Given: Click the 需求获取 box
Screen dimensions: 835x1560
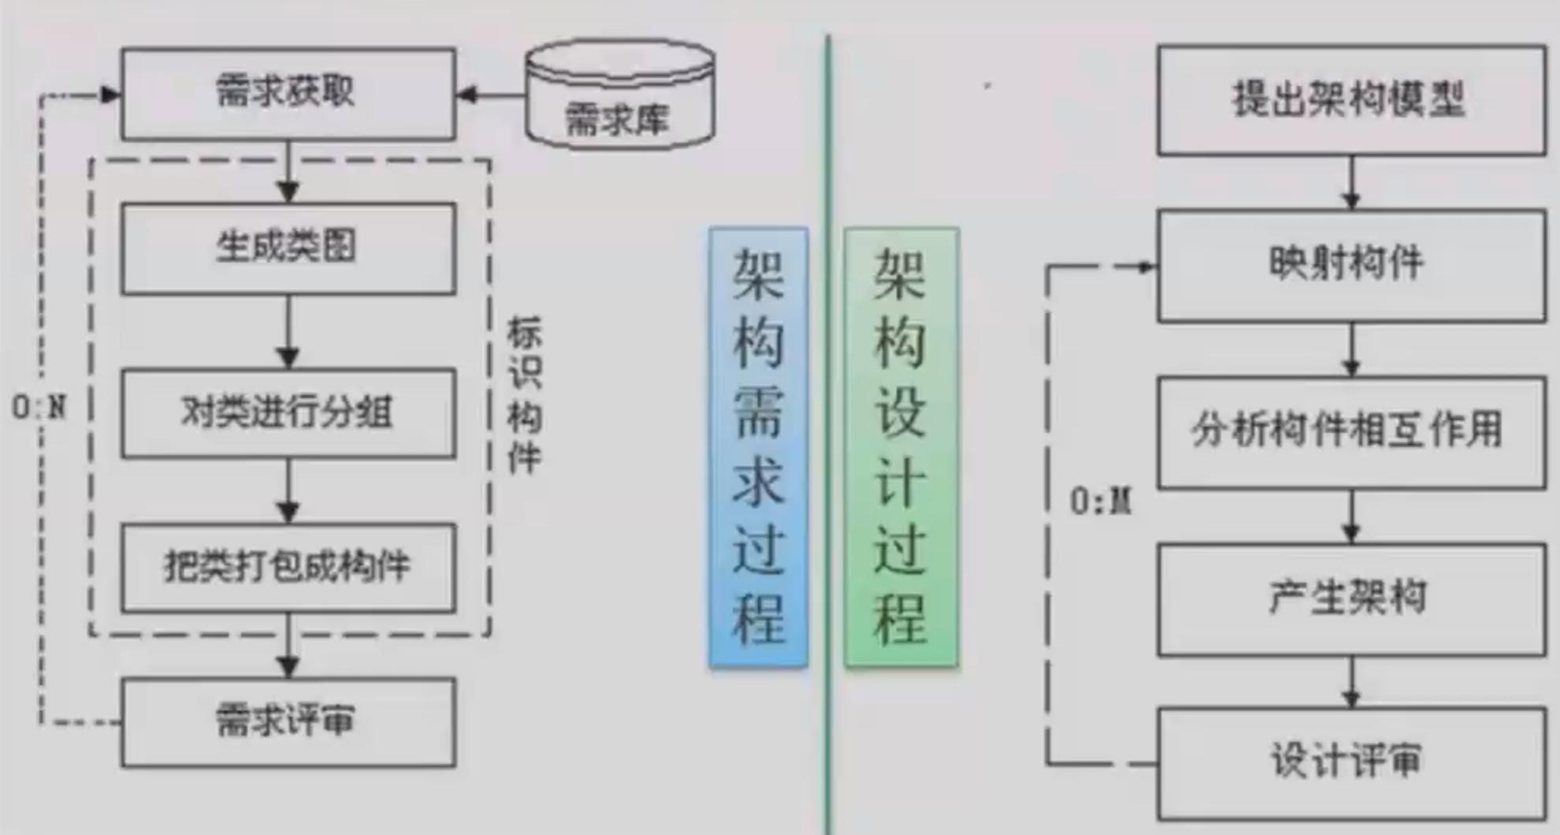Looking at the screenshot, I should coord(288,93).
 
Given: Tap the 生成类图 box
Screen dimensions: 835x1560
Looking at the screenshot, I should coord(288,248).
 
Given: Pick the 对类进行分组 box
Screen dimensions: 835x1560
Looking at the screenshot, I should coord(288,412).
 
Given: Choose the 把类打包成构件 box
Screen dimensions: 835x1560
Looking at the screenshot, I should coord(288,566).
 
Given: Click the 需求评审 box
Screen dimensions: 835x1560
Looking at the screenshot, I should coord(288,721).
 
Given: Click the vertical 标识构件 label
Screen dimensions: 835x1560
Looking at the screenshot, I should coord(524,394).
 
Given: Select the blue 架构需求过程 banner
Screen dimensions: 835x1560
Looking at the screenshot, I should coord(758,446).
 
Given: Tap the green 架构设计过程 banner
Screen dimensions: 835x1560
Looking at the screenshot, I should coord(901,446).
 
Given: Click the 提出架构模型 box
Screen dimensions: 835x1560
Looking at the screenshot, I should coord(1350,100).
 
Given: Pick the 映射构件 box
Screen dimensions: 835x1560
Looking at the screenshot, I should coord(1350,264).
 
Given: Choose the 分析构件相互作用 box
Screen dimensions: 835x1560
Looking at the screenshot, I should coord(1350,431).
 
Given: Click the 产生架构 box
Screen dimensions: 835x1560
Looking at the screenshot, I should coord(1350,598).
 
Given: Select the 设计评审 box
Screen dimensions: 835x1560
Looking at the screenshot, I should coord(1350,762).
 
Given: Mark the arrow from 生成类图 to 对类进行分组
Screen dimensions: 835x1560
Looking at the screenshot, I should coord(288,332).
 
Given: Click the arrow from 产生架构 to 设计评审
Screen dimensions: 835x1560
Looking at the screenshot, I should coord(1352,683).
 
